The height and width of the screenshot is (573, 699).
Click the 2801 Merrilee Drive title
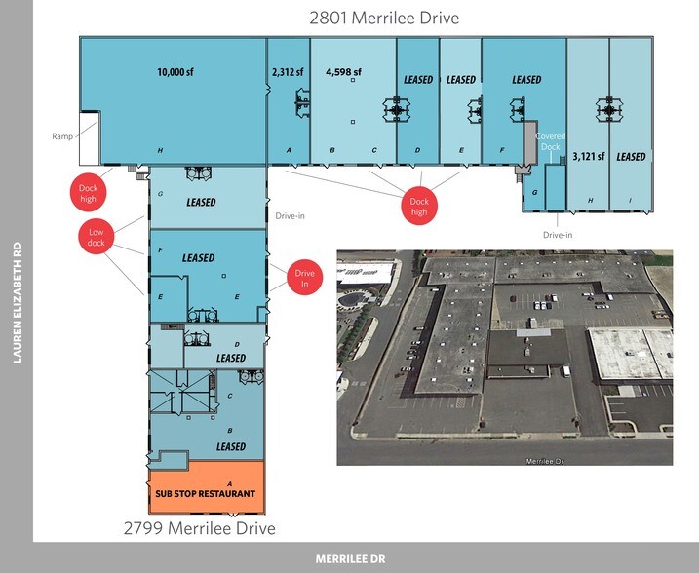[383, 18]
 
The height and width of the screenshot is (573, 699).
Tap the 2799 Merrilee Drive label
[199, 528]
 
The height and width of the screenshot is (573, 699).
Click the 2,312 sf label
[288, 71]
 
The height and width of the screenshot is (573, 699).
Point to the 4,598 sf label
[343, 71]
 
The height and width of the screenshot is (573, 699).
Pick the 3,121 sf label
[588, 156]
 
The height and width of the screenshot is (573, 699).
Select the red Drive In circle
[305, 278]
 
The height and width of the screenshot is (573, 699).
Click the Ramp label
[62, 136]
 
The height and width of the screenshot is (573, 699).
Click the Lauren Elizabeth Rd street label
[17, 302]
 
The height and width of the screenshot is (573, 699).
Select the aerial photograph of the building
[504, 358]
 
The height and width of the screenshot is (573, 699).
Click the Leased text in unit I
[631, 156]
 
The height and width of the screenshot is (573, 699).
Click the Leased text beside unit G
[200, 202]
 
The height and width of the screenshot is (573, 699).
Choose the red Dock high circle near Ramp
[89, 191]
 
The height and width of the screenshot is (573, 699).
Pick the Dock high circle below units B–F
[419, 206]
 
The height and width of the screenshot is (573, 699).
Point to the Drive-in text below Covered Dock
[557, 235]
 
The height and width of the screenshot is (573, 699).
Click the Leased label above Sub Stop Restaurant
[231, 446]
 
